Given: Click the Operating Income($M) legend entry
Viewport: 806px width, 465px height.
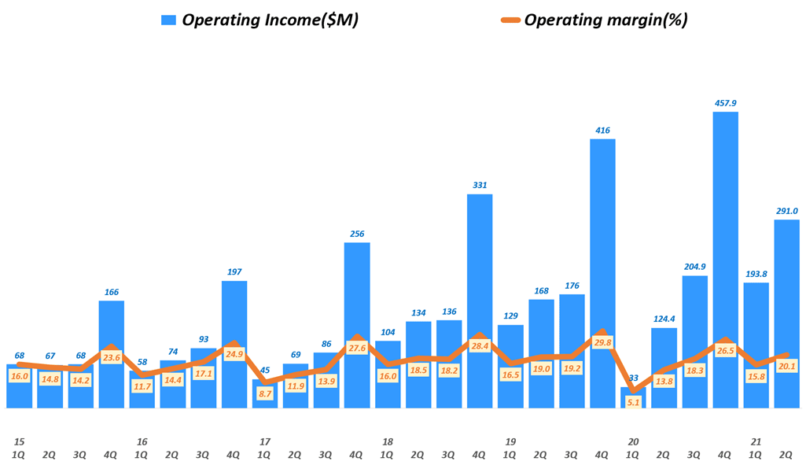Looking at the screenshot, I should coord(259,20).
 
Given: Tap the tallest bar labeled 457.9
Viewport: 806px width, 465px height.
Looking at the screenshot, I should coord(725,260).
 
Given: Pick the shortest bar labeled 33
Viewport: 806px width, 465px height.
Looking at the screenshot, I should coord(633,398).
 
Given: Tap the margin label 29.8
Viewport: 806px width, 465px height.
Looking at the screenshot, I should coord(602,343).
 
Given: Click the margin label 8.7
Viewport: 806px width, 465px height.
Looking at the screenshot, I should coord(265,393).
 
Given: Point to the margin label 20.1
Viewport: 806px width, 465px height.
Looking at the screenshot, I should coord(786,366).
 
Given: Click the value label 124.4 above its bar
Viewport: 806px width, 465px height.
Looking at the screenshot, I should coord(664,319).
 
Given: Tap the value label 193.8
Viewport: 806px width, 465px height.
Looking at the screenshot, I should coord(756,274).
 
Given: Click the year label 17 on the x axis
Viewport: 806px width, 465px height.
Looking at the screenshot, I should coord(265,441).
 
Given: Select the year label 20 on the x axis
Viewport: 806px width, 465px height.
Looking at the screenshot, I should coord(633,441).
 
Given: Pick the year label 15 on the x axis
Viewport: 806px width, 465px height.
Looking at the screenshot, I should coord(20,441).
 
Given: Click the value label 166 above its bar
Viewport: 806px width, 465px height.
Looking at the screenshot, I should coord(112,292).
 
